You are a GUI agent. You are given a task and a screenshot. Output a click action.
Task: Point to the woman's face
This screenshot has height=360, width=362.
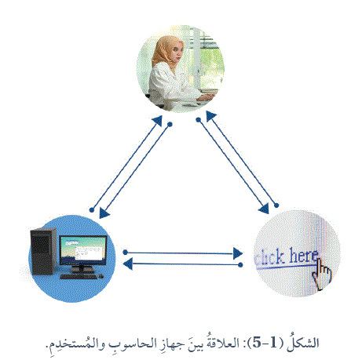[177, 53]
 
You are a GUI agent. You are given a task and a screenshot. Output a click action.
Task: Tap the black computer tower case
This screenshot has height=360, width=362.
[42, 251]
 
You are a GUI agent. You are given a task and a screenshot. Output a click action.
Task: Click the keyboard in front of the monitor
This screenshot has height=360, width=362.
[79, 276]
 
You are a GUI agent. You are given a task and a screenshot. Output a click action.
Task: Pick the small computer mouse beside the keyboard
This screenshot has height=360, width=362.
[101, 276]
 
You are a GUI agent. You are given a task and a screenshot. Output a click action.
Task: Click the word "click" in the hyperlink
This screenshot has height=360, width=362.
[269, 257]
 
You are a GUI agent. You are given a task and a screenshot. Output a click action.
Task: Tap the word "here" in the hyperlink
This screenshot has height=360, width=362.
[304, 255]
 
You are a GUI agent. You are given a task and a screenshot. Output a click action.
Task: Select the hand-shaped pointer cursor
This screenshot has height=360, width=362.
[321, 274]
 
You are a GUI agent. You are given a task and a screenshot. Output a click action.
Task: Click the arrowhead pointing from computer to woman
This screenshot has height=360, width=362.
[158, 121]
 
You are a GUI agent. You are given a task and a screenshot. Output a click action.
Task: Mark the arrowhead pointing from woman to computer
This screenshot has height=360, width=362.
[104, 213]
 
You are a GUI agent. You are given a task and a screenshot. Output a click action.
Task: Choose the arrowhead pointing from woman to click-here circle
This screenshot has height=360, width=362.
[264, 209]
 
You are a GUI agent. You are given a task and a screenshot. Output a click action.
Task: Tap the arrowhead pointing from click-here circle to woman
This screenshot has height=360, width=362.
[210, 115]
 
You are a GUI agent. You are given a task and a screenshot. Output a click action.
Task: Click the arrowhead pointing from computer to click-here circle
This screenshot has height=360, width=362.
[238, 253]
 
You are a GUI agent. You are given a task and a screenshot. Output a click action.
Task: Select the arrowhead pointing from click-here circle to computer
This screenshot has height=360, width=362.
[127, 264]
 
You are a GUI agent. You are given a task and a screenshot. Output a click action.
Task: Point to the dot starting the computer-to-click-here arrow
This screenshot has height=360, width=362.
[126, 253]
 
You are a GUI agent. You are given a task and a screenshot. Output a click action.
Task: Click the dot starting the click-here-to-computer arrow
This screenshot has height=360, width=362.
[240, 265]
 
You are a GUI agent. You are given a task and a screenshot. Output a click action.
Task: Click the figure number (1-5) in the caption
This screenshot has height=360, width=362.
[264, 343]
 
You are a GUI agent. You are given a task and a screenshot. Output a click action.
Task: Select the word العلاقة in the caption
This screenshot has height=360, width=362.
[223, 342]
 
